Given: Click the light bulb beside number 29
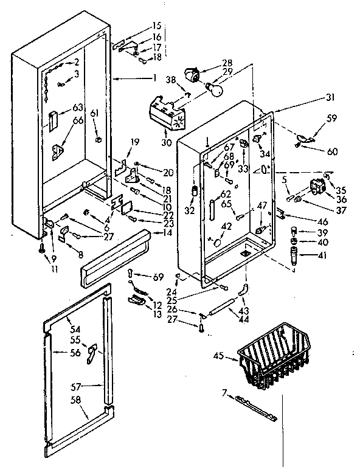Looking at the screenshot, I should [214, 88].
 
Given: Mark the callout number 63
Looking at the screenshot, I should [77, 108].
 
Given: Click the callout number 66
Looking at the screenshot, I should [77, 120].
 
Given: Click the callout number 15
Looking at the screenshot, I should [157, 26].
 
